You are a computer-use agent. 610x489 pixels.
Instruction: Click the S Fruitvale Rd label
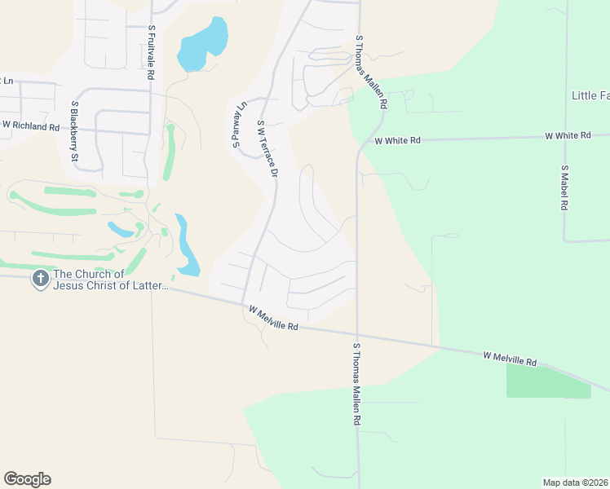(151, 51)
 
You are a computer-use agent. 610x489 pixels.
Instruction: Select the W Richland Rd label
(31, 126)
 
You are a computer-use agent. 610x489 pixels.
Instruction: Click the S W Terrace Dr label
(267, 149)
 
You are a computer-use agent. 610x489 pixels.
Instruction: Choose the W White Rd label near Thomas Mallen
(397, 140)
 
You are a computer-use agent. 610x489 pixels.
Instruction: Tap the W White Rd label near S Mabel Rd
(568, 134)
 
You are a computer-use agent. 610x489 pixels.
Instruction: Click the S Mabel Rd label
(564, 188)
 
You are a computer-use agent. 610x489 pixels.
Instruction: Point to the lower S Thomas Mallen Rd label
(356, 385)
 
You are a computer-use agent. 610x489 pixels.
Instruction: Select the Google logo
(27, 479)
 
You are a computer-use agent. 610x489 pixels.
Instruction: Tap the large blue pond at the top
(202, 46)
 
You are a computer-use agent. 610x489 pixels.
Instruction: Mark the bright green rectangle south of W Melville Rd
(548, 381)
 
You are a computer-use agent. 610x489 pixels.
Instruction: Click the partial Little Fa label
(589, 95)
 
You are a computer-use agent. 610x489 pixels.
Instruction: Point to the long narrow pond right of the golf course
(185, 245)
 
